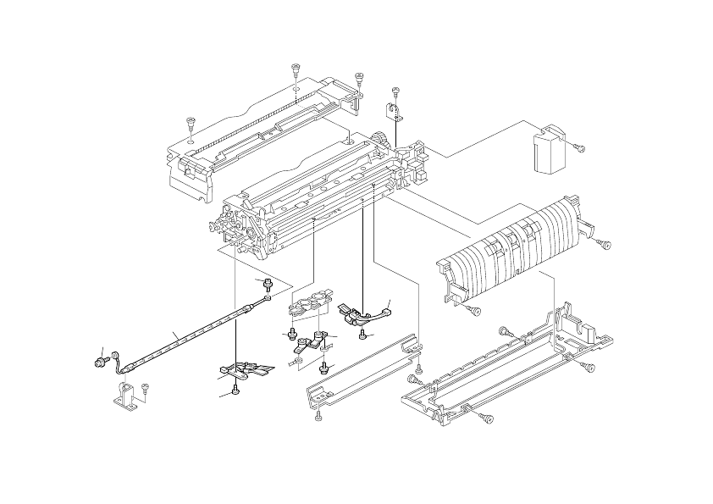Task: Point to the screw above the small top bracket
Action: click(395, 91)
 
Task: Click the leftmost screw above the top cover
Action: click(191, 124)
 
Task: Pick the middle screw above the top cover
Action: click(296, 69)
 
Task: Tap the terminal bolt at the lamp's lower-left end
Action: click(101, 363)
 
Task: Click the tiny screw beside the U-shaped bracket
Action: click(146, 388)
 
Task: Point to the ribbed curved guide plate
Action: click(508, 250)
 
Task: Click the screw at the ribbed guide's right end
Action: click(605, 244)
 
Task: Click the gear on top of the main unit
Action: click(382, 140)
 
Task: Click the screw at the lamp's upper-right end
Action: click(268, 283)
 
